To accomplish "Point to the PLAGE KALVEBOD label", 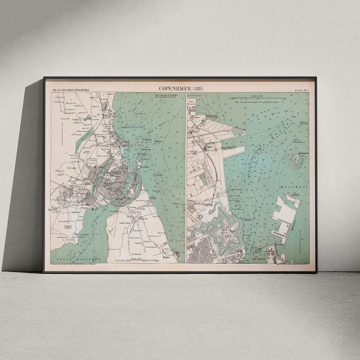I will [77, 258].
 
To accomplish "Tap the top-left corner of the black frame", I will [44, 78].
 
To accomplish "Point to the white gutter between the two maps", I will [186, 177].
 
